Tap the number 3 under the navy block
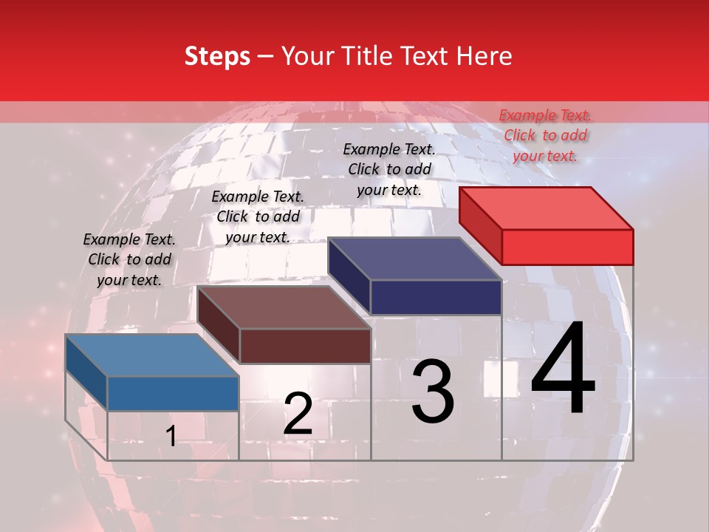point(433,392)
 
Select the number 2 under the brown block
point(298,414)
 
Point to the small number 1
point(171,437)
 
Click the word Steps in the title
point(217,56)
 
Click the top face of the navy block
point(415,259)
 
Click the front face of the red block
point(567,247)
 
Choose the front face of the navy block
point(436,297)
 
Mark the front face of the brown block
point(305,346)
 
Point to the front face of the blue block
point(174,394)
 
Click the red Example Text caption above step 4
point(545,135)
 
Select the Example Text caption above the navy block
point(389,169)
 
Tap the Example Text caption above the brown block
point(258,216)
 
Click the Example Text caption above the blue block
point(129,259)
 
